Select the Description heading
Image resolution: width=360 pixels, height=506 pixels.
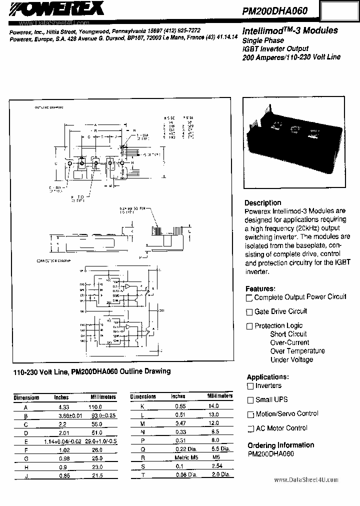pos(262,203)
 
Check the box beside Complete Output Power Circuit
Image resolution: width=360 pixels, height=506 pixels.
pos(249,298)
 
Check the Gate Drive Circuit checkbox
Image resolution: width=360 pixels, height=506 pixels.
pos(249,312)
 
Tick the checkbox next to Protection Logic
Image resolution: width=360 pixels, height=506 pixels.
pos(249,326)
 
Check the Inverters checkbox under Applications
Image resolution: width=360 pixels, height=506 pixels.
pos(250,386)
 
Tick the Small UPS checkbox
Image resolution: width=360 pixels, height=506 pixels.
pos(250,400)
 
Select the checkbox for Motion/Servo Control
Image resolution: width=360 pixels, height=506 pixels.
pos(250,414)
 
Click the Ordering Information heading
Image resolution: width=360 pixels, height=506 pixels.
pos(280,445)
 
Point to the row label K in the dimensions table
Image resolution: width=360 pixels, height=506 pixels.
pos(143,406)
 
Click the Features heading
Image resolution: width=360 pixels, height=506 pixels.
pos(260,289)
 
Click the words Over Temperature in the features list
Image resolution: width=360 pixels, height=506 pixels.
pos(297,351)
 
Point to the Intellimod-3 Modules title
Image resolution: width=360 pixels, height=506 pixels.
pos(289,31)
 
